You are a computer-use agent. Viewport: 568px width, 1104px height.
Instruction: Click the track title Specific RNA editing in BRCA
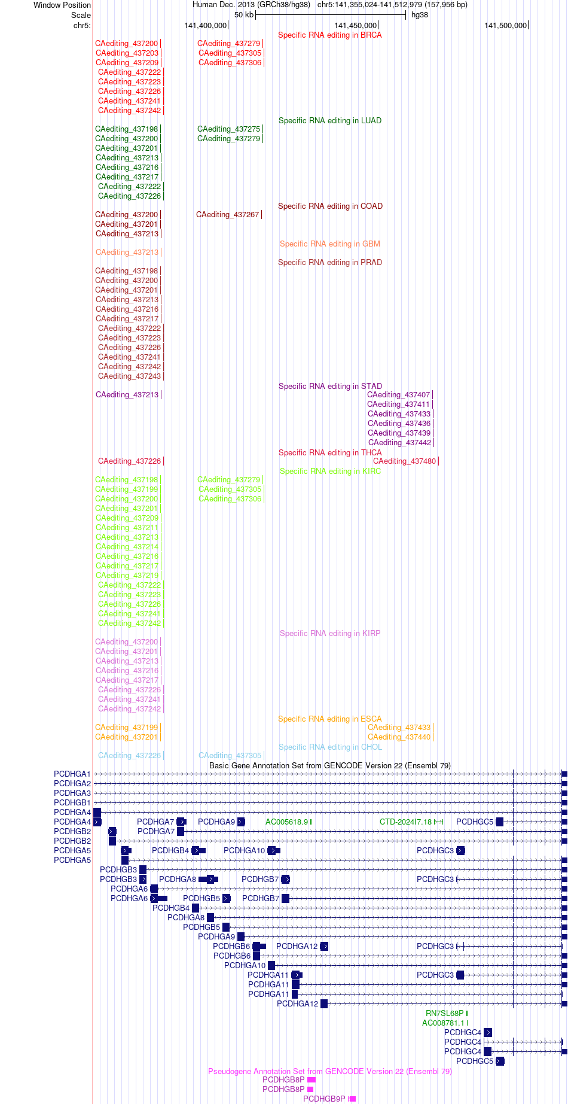point(330,35)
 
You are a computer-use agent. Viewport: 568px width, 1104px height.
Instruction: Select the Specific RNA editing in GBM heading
point(330,244)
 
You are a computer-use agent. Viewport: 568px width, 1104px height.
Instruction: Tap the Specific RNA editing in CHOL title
point(330,747)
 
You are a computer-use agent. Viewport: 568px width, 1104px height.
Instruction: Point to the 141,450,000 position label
point(356,25)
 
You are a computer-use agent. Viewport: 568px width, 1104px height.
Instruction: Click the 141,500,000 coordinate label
point(506,25)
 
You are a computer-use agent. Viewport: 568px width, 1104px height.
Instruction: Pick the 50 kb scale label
point(244,15)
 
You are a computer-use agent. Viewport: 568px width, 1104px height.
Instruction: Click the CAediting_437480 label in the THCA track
point(405,461)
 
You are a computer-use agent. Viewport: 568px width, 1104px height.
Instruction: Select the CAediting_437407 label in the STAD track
point(399,394)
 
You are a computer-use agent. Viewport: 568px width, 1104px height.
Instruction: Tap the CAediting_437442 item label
point(400,442)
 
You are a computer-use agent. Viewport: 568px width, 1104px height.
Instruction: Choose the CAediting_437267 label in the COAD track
point(228,214)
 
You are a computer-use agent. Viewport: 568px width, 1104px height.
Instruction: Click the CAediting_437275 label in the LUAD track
point(229,129)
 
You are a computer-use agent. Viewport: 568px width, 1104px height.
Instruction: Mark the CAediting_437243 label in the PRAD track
point(130,376)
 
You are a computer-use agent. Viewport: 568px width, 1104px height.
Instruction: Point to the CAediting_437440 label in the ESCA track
point(399,737)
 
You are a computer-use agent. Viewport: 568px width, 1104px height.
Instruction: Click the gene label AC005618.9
point(287,822)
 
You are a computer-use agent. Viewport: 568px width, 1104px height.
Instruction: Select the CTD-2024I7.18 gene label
point(405,822)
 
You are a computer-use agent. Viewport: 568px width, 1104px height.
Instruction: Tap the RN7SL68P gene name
point(445,1013)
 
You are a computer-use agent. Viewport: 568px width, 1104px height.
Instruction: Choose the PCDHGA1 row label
point(72,774)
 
